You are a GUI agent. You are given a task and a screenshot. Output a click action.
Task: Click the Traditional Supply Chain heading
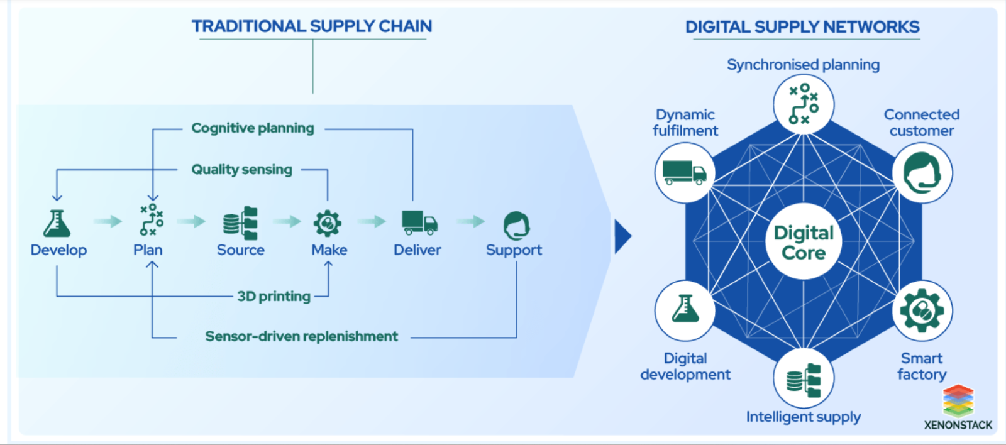coord(312,26)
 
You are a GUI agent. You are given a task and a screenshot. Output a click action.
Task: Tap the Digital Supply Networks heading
coord(802,27)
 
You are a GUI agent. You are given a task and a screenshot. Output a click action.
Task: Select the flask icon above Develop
coord(57,223)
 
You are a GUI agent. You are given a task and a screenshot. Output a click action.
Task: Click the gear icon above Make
coord(328,222)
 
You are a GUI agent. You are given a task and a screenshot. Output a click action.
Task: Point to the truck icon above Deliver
coord(419,222)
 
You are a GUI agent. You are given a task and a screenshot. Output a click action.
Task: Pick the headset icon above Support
coord(516,225)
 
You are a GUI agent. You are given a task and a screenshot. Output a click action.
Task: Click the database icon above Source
coord(241,223)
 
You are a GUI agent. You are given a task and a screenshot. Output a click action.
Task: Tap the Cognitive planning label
coord(253,128)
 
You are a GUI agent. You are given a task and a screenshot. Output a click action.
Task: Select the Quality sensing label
coord(242,170)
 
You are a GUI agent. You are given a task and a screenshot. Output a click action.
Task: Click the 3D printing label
coord(274,296)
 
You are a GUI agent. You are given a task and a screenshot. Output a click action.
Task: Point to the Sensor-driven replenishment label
coord(302,336)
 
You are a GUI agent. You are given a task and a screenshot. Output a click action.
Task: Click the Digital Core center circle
coord(804,242)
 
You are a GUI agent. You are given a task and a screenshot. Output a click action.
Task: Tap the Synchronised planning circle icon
coord(804,104)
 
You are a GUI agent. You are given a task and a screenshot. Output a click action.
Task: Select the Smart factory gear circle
coord(922,310)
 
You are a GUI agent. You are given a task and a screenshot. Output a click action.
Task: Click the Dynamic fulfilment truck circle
coord(685,172)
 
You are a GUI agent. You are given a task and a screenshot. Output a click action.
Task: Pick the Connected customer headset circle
coord(922,173)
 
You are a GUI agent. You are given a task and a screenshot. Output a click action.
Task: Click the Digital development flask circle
coord(685,310)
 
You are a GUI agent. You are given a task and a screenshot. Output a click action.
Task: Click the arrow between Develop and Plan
coord(108,221)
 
